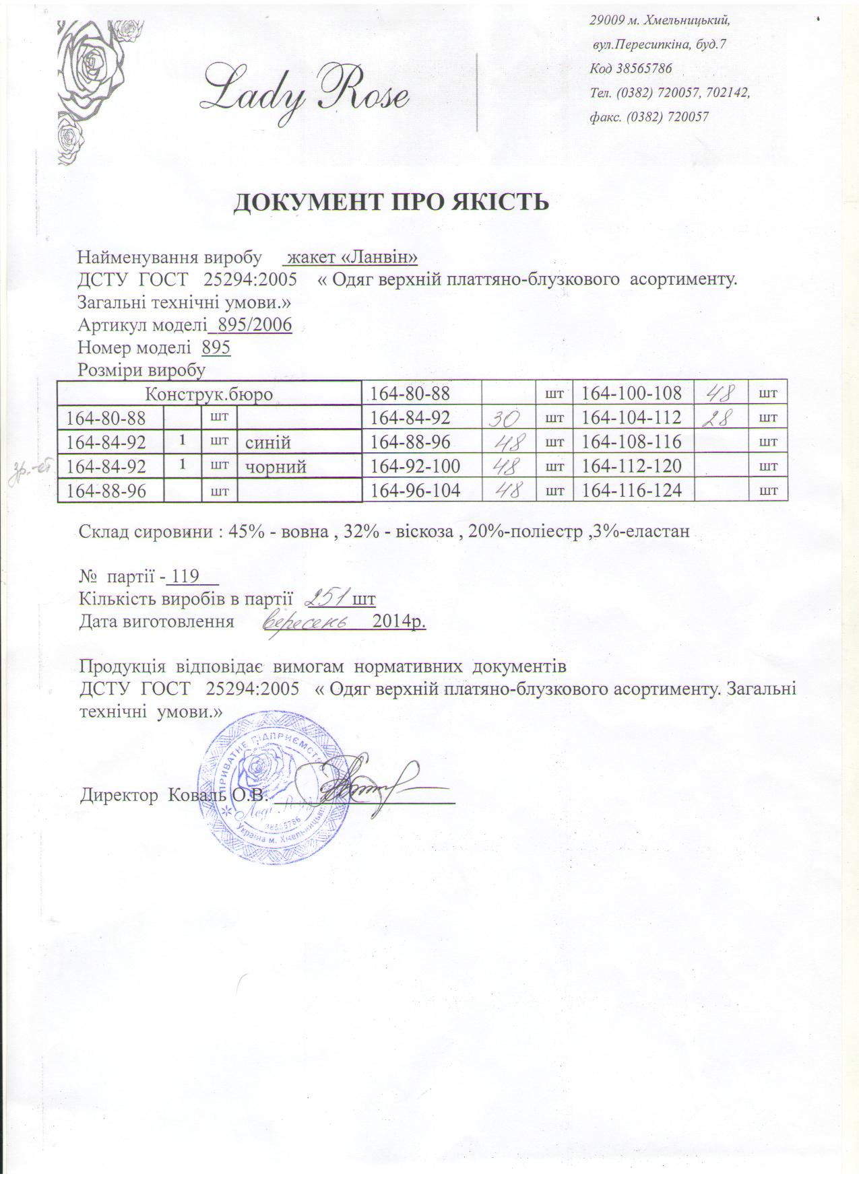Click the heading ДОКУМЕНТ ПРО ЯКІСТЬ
pos(391,202)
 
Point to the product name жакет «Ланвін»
pos(353,257)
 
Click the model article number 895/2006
pos(251,326)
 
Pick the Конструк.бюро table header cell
pos(209,394)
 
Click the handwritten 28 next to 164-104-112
pos(720,418)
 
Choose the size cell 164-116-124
pos(632,491)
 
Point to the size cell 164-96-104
pos(416,491)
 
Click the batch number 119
pos(185,577)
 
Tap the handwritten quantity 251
pos(328,597)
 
